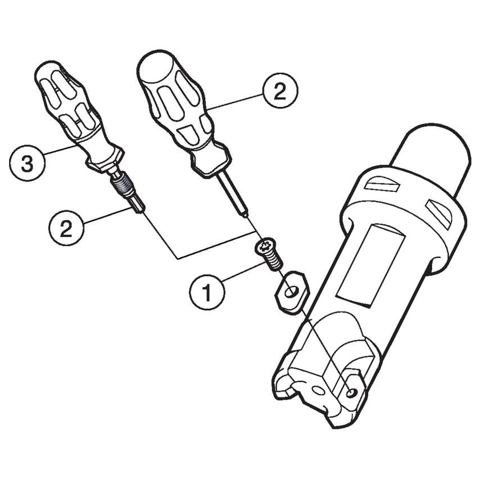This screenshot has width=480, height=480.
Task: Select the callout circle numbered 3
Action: point(26,164)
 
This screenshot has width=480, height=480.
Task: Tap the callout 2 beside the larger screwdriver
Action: point(279,90)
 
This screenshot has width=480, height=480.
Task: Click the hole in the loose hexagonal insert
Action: point(291,291)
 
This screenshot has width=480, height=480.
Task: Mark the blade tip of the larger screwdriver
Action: point(242,212)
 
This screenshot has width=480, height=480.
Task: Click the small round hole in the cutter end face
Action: point(319,391)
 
